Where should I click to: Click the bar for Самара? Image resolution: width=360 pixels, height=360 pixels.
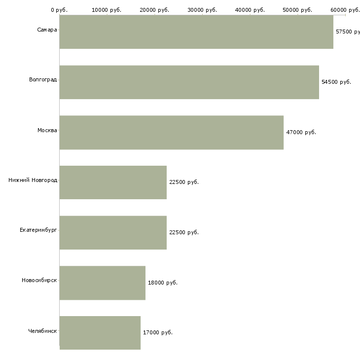click(x=196, y=32)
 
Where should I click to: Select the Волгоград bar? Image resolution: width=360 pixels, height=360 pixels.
click(x=189, y=82)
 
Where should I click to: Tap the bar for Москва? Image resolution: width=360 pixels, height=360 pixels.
click(x=171, y=132)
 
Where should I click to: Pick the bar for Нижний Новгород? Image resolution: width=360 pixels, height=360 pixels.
click(x=113, y=182)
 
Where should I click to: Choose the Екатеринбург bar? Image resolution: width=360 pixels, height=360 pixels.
click(x=113, y=232)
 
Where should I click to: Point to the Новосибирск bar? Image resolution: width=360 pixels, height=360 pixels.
click(x=102, y=283)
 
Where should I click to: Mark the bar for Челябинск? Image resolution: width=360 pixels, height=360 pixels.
click(x=100, y=332)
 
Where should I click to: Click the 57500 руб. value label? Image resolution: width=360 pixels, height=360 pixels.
click(x=347, y=32)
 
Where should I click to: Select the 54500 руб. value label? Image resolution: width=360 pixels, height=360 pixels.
click(x=336, y=82)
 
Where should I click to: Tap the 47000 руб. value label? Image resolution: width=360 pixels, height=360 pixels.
click(x=301, y=132)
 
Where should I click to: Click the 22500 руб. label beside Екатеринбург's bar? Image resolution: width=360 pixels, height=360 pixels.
click(x=184, y=232)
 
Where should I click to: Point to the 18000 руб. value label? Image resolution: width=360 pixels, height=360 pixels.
click(x=163, y=283)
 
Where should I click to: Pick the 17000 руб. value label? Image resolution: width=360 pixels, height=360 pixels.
click(x=158, y=332)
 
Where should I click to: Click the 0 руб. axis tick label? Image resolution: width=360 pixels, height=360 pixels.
click(x=59, y=10)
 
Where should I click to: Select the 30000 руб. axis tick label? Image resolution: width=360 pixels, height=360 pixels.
click(x=202, y=10)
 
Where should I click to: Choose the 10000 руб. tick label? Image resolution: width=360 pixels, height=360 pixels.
click(x=107, y=10)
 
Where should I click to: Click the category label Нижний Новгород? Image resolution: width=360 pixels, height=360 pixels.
click(x=33, y=180)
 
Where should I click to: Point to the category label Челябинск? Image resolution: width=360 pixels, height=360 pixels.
click(x=42, y=330)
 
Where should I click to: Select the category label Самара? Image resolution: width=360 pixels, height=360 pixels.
click(x=47, y=30)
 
